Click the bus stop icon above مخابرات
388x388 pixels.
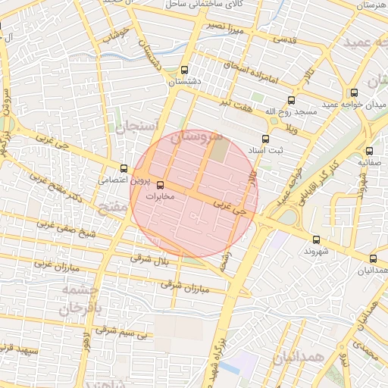click(x=160, y=184)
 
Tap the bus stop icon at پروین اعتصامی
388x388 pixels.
click(x=124, y=168)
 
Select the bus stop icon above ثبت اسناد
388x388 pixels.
click(x=265, y=139)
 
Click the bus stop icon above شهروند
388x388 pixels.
click(x=317, y=239)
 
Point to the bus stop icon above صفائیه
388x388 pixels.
click(x=369, y=150)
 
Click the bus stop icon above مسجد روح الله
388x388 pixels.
click(x=291, y=101)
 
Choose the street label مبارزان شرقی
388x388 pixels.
click(x=184, y=286)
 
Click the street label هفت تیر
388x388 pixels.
click(x=235, y=101)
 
